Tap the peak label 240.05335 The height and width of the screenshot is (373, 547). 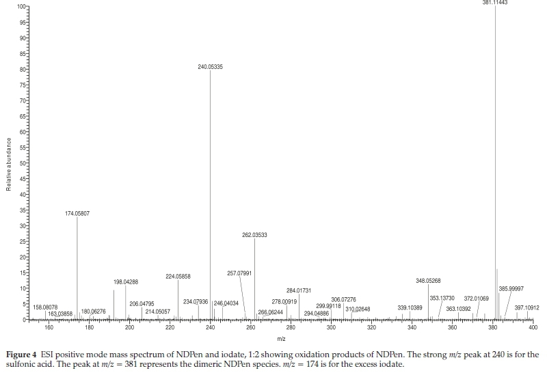(211, 67)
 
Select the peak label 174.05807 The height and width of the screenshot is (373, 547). (77, 214)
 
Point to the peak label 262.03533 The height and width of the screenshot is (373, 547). (254, 235)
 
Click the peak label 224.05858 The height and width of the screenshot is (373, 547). (178, 277)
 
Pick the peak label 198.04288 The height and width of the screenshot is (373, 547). (126, 282)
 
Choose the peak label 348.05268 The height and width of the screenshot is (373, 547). (428, 281)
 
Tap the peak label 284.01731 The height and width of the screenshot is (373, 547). (299, 291)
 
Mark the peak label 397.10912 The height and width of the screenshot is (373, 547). (526, 307)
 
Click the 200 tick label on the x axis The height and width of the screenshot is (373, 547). (130, 328)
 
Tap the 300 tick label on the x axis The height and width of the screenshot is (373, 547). (331, 328)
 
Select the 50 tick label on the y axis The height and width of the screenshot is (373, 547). (22, 163)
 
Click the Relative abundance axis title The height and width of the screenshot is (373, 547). (9, 163)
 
